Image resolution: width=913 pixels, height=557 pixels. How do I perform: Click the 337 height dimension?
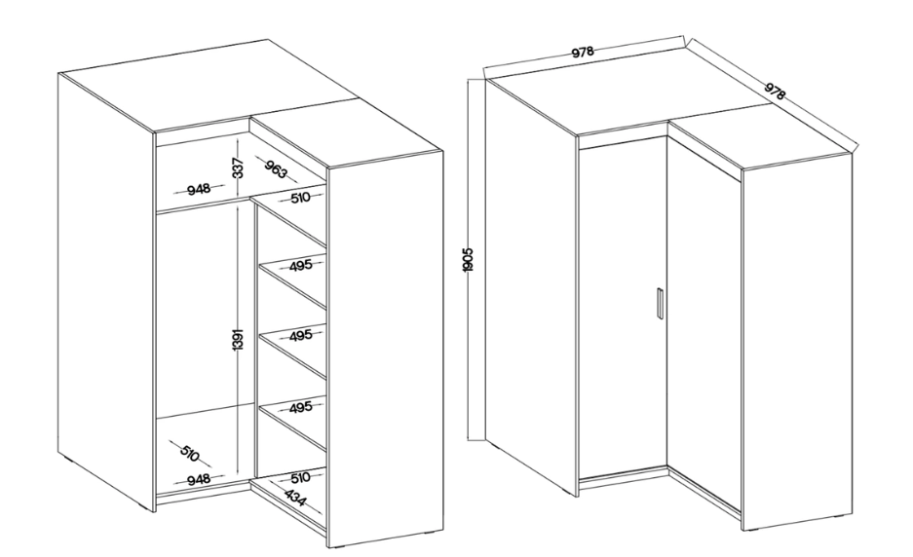[x=238, y=167]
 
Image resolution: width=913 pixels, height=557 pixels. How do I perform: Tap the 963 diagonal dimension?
[x=276, y=168]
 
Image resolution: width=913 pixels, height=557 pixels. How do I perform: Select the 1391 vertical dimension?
[x=238, y=339]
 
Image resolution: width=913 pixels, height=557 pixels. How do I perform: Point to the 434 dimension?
[x=296, y=497]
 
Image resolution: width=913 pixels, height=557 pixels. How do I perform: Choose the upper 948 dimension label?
[x=199, y=189]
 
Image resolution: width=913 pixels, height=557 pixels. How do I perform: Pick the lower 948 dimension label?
[x=199, y=480]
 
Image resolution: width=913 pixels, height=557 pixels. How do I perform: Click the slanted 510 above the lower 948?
[x=190, y=453]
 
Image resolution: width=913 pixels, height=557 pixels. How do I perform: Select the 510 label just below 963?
[x=300, y=198]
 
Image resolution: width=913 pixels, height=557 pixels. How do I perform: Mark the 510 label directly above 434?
[x=300, y=478]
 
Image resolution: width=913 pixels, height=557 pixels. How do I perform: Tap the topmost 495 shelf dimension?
[x=300, y=266]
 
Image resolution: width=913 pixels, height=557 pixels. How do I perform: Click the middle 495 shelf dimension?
[x=300, y=336]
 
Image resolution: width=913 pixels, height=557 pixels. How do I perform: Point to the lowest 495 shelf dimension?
[x=300, y=407]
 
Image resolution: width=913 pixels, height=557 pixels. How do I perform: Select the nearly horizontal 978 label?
[x=583, y=53]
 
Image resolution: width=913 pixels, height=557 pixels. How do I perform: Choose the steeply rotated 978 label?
[x=775, y=91]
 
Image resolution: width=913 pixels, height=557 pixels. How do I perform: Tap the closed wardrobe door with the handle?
[x=623, y=309]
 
